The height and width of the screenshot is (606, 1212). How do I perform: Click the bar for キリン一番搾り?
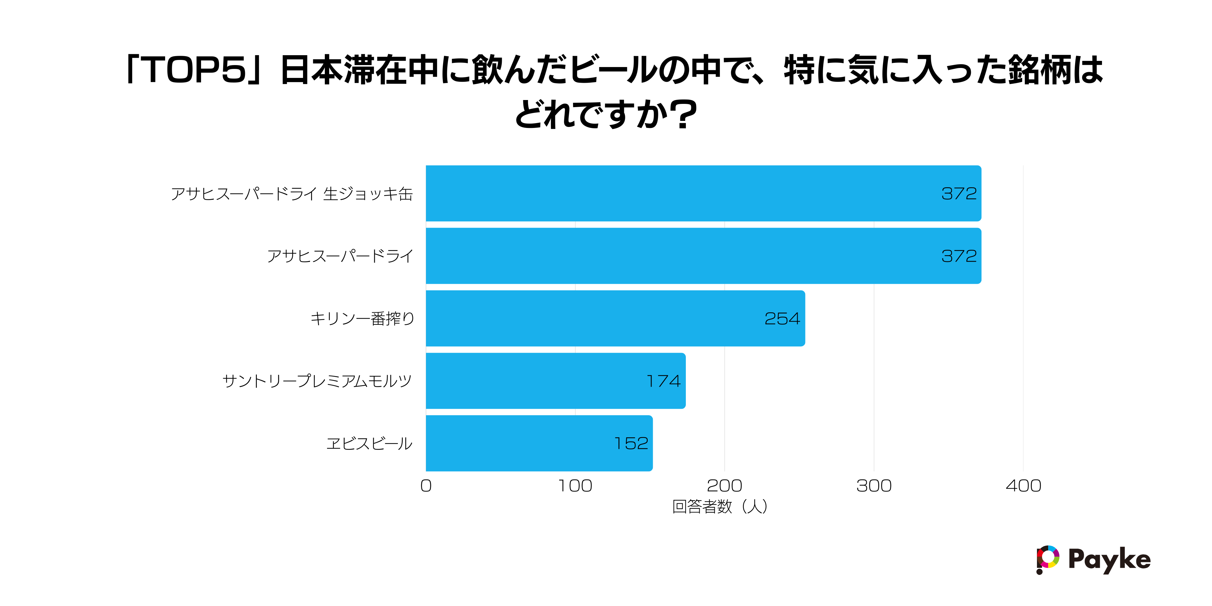(615, 318)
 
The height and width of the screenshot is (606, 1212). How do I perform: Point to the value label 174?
(663, 381)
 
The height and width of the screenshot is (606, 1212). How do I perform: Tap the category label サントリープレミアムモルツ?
(317, 381)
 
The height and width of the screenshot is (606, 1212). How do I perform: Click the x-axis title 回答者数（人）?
(720, 507)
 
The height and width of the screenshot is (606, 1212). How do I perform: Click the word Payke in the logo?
(1109, 560)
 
